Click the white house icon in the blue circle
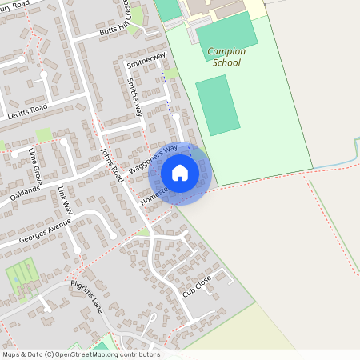point(180,173)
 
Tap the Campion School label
point(226,57)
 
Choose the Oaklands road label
point(26,190)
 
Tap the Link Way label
point(66,199)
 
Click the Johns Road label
point(109,159)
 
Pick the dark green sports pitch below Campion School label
point(218,106)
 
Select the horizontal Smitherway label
point(146,59)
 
